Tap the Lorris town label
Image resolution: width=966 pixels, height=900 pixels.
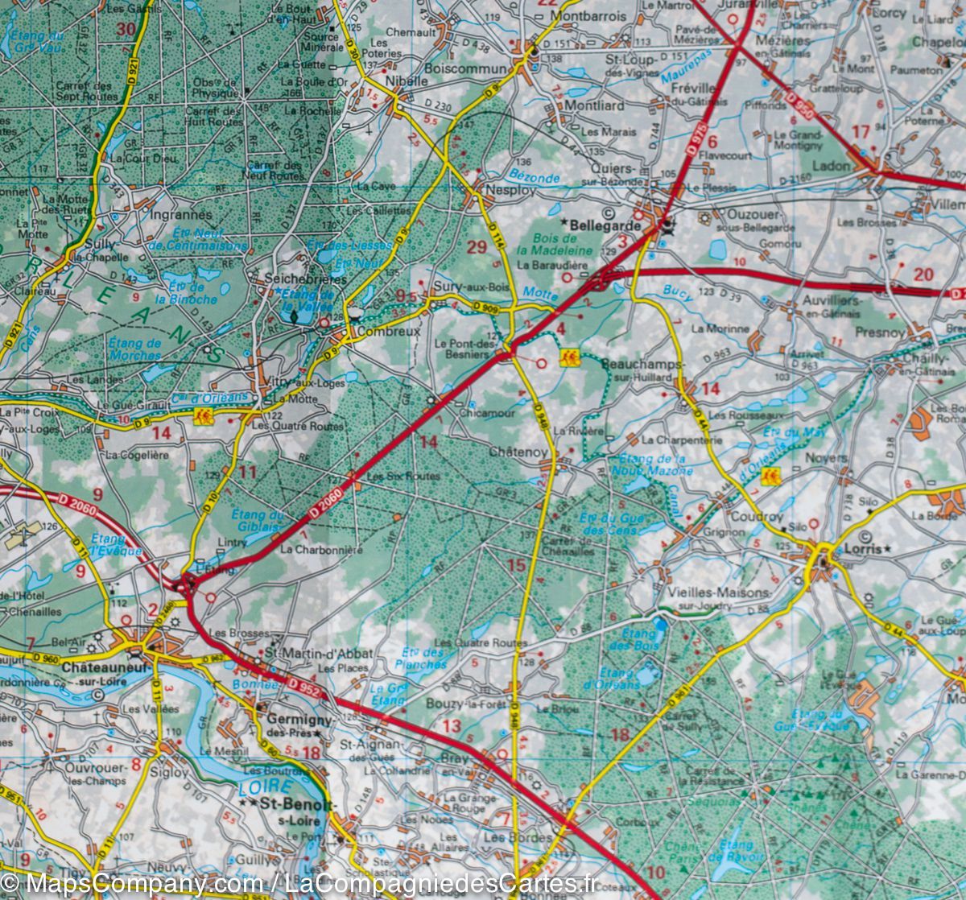tap(863, 550)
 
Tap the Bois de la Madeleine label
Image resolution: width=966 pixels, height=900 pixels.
tap(563, 246)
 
